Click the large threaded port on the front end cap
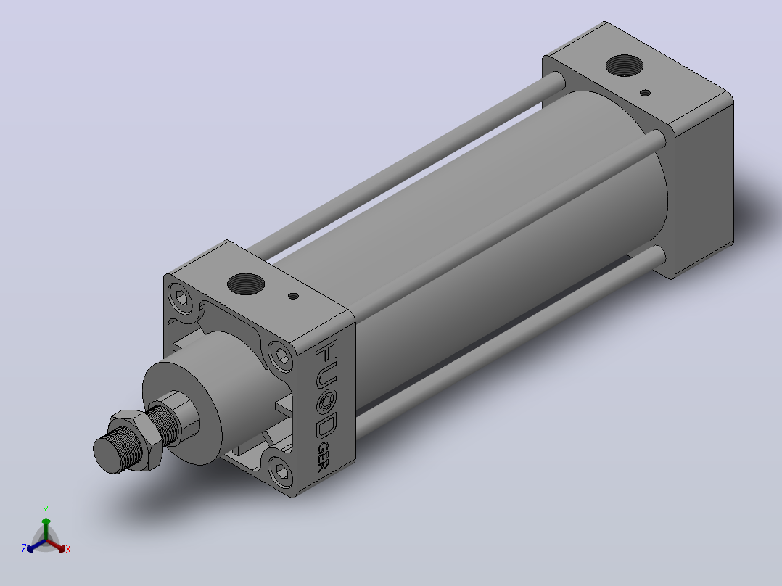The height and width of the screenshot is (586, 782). pyautogui.click(x=246, y=284)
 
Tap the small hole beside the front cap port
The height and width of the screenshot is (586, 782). pyautogui.click(x=293, y=296)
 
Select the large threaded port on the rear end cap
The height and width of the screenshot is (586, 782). pyautogui.click(x=624, y=66)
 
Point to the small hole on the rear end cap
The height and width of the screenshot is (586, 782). pyautogui.click(x=645, y=93)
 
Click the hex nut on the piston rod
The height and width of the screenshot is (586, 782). pyautogui.click(x=136, y=440)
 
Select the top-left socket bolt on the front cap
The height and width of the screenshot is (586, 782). pyautogui.click(x=181, y=299)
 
